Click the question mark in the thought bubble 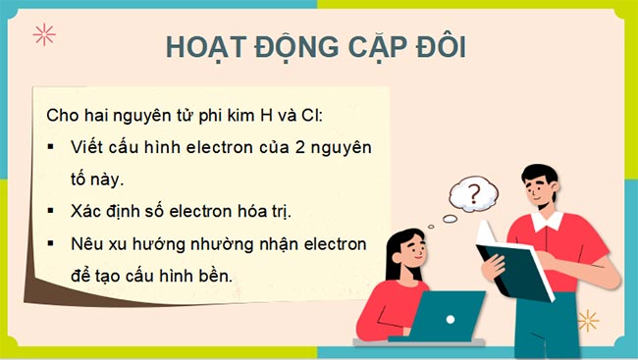click(476, 193)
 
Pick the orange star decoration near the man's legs click(588, 320)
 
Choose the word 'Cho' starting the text click(62, 115)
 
